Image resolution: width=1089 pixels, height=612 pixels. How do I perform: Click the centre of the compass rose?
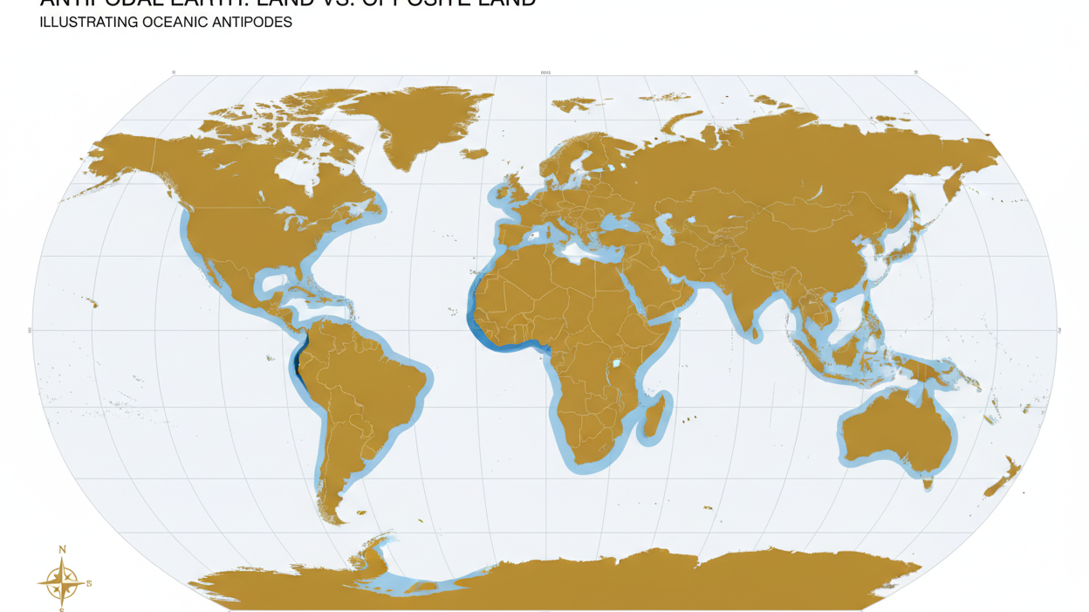pos(62,582)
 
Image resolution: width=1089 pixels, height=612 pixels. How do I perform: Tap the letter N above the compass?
pos(62,550)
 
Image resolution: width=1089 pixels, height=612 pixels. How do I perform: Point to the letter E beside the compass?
pos(89,583)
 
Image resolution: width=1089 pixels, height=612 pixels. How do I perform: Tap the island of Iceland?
pos(474,155)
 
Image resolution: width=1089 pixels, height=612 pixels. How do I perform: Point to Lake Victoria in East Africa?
pos(617,363)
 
